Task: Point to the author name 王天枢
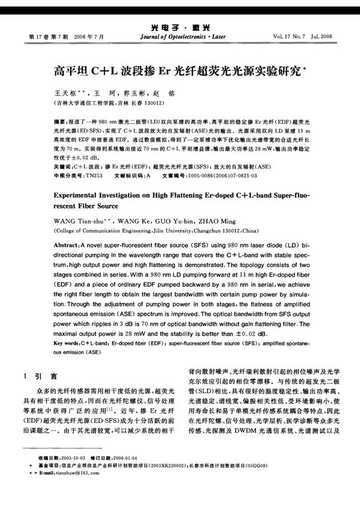(66, 94)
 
